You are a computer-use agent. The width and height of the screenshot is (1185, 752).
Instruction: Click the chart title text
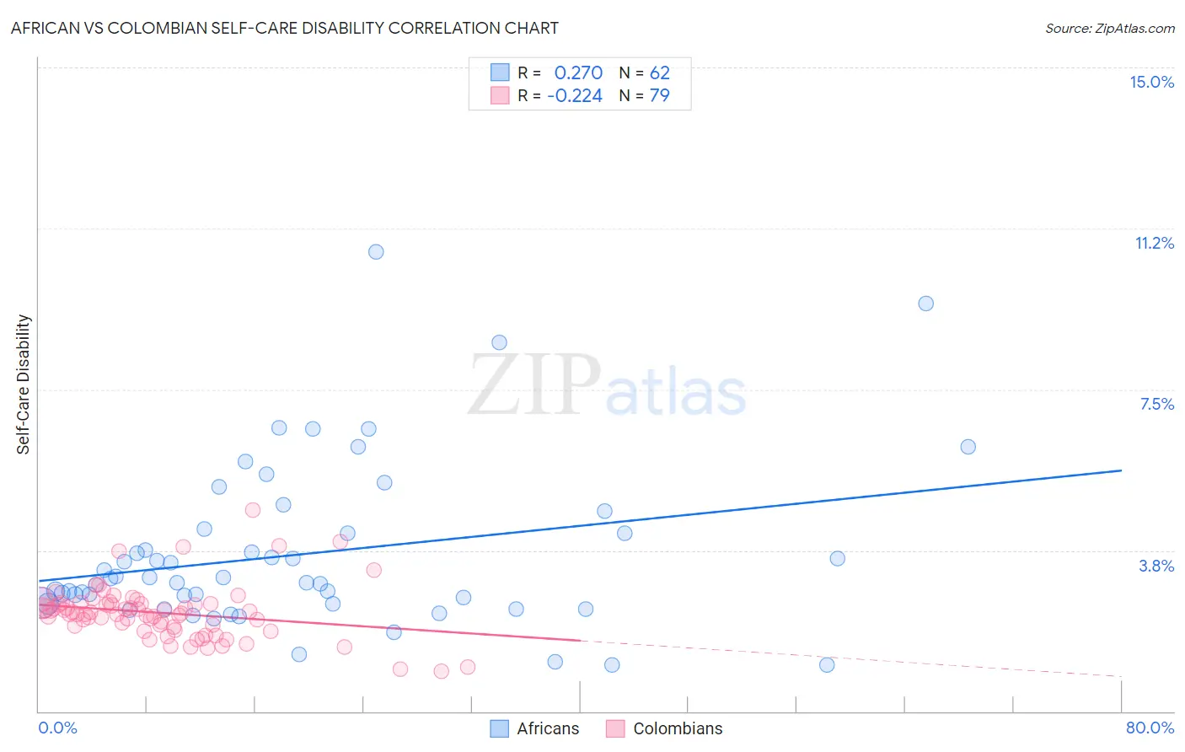284,28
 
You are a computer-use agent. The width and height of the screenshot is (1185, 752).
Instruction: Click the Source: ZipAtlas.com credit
1109,28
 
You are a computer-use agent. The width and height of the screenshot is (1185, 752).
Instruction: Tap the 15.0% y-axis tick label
1151,82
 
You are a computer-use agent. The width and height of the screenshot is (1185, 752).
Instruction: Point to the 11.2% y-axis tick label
1154,243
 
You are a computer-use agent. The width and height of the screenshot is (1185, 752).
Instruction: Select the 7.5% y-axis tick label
1156,404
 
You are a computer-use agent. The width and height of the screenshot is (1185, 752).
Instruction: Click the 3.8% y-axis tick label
1156,566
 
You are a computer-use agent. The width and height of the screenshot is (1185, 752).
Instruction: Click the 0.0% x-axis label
57,728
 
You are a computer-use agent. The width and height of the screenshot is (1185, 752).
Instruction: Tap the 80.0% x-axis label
1150,728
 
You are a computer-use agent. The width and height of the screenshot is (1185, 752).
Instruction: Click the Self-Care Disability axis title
24,384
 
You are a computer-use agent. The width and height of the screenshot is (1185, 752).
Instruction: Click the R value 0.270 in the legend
578,73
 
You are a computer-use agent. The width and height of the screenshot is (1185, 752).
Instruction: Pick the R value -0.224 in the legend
575,96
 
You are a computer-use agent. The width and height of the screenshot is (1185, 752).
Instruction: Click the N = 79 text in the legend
645,96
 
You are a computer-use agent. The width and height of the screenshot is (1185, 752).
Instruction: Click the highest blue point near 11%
376,252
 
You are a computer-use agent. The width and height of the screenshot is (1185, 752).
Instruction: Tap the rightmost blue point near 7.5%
968,447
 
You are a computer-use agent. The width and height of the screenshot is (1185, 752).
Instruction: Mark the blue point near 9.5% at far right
925,303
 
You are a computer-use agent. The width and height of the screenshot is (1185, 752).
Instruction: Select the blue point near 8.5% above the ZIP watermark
499,342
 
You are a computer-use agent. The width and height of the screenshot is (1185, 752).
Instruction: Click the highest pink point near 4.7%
252,510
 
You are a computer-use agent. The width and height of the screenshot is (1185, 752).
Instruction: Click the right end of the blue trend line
1121,470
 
